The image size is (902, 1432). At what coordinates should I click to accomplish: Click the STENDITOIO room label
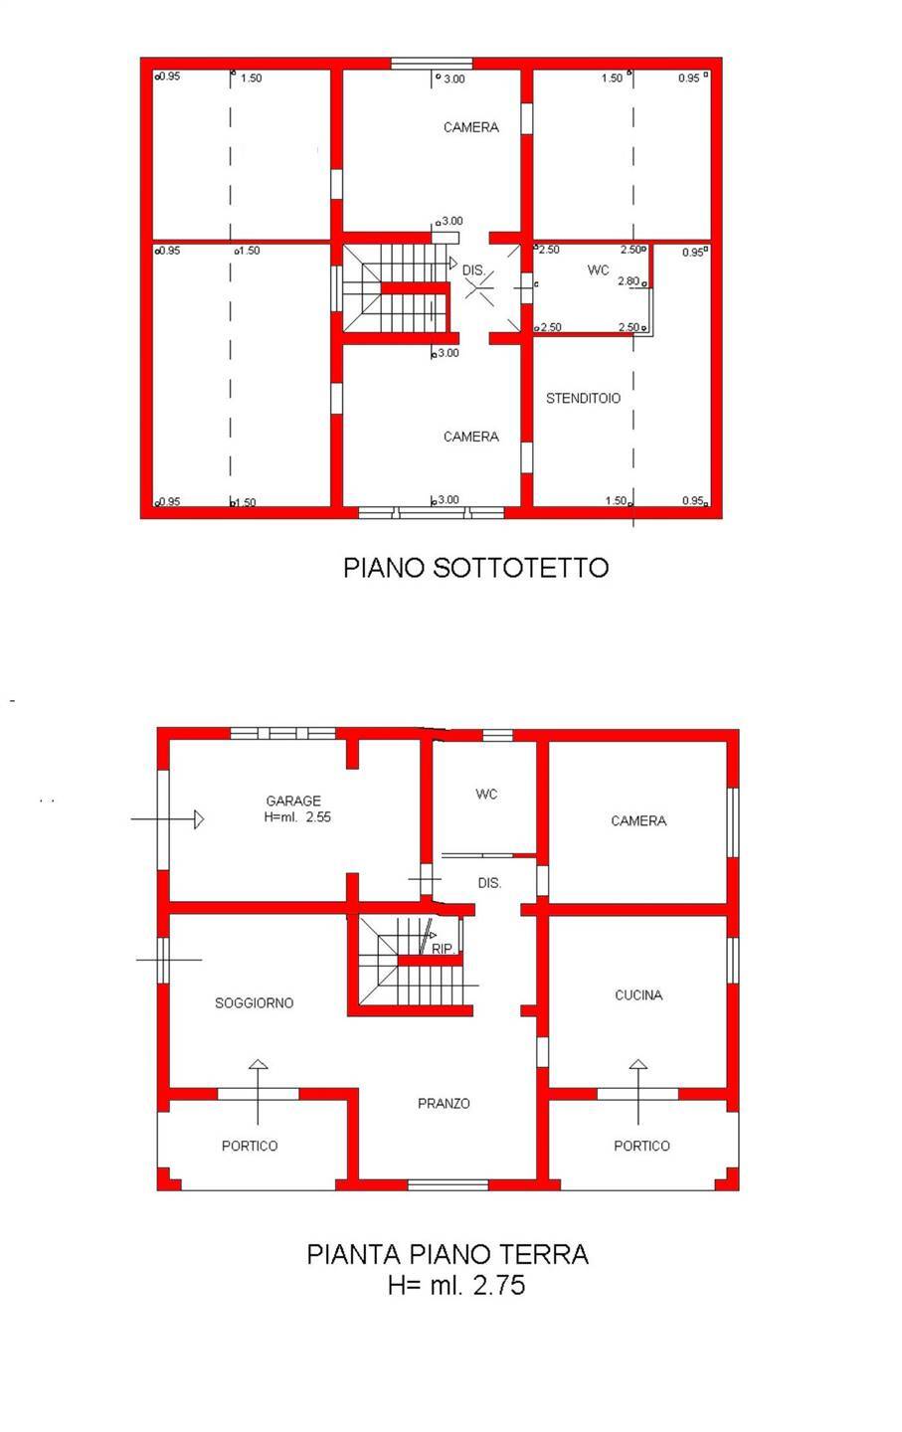583,398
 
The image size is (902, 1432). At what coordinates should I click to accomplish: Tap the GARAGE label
293,801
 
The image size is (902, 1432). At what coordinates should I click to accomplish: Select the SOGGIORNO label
255,1002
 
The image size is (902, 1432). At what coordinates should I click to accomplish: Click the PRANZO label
444,1103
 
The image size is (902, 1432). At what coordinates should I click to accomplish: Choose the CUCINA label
638,994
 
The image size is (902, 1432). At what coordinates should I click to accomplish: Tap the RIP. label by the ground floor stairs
444,949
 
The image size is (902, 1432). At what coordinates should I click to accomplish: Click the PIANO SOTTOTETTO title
475,567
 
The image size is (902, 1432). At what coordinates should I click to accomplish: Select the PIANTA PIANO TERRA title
448,1254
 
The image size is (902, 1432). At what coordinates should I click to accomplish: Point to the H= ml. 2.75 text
456,1285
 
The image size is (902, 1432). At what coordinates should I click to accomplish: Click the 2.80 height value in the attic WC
628,281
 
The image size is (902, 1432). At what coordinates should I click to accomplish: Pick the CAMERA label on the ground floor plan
638,820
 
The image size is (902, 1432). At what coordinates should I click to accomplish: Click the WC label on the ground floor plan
486,794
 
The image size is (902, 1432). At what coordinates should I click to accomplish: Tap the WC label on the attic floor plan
598,269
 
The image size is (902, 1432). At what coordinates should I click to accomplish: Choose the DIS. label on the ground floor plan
489,882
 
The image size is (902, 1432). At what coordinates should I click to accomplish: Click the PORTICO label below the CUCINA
641,1146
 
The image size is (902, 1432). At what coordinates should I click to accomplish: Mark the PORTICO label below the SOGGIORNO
250,1146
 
